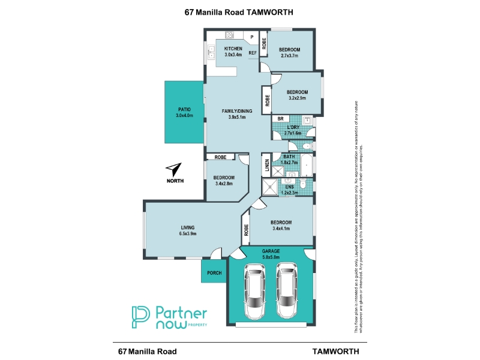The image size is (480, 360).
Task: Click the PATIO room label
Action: pyautogui.click(x=184, y=109)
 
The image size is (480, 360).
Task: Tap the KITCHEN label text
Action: pyautogui.click(x=233, y=48)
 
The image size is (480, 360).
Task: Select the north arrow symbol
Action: pyautogui.click(x=174, y=169)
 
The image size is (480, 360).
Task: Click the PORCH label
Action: pyautogui.click(x=214, y=273)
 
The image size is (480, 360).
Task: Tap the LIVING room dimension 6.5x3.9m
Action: pyautogui.click(x=188, y=234)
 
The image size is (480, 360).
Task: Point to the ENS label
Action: pyautogui.click(x=289, y=186)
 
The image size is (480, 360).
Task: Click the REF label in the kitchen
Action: pyautogui.click(x=253, y=53)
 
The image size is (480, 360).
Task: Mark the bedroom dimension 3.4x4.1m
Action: pyautogui.click(x=281, y=229)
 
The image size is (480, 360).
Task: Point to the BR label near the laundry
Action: pyautogui.click(x=280, y=119)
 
